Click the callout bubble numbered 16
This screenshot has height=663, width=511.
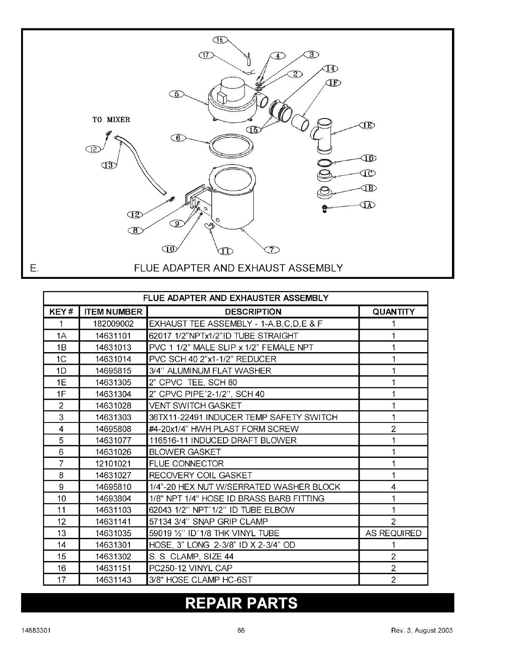pyautogui.click(x=220, y=40)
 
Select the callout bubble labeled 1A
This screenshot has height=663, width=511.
pyautogui.click(x=367, y=205)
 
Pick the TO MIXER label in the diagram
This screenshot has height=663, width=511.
pyautogui.click(x=111, y=119)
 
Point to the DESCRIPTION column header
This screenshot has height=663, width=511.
pyautogui.click(x=253, y=312)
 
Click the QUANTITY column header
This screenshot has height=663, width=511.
pyautogui.click(x=393, y=312)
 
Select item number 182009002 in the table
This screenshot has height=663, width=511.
pyautogui.click(x=113, y=324)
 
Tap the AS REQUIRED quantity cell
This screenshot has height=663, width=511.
pyautogui.click(x=393, y=533)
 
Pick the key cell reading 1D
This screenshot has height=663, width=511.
pyautogui.click(x=61, y=371)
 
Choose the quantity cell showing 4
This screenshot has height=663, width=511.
pyautogui.click(x=393, y=487)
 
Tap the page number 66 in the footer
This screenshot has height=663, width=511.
pyautogui.click(x=241, y=631)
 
